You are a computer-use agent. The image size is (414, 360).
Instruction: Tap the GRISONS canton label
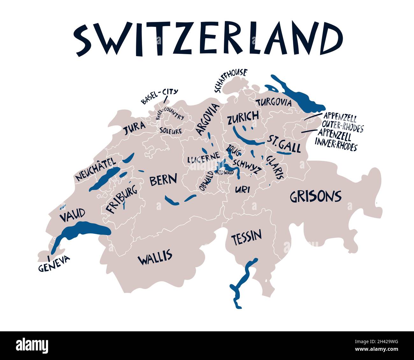point(315,197)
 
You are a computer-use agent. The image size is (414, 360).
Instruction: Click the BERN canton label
point(163,180)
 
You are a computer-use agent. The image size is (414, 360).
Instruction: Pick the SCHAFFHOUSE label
point(231,80)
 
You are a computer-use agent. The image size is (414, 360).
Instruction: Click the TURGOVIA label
point(274,103)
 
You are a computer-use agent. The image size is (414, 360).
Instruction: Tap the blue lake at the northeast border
point(296,94)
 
